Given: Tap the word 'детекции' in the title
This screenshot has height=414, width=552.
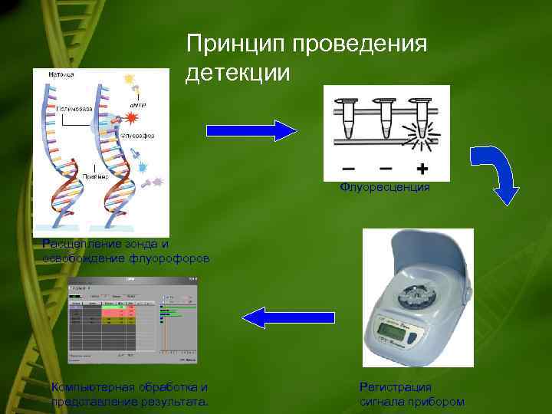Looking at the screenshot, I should [238, 74].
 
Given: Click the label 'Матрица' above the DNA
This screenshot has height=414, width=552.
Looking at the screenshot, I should [61, 74].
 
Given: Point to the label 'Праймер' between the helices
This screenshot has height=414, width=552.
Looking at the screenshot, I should [96, 176].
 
